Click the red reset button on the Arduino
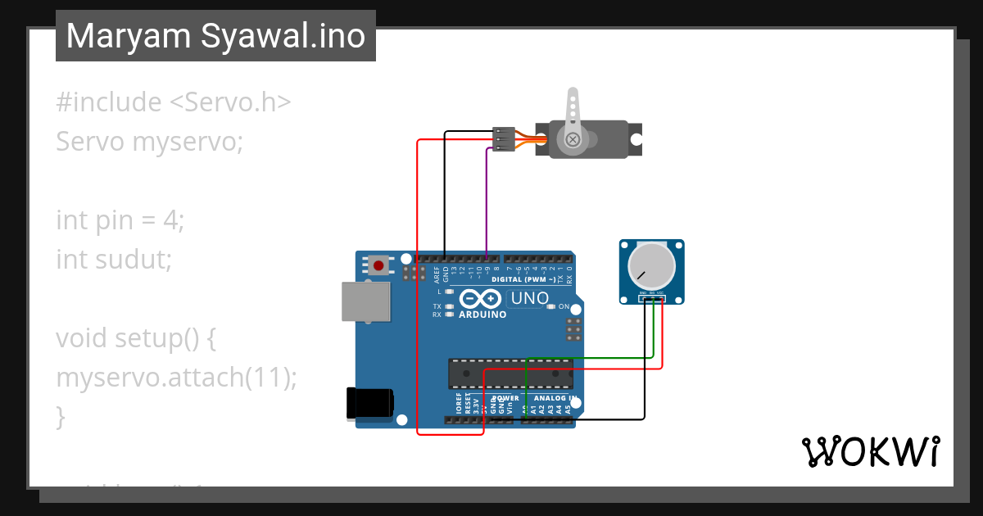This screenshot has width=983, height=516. (x=378, y=265)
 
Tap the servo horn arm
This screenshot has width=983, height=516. (x=572, y=111)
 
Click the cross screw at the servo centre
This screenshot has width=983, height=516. (x=573, y=141)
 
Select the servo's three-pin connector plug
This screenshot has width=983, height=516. (x=503, y=138)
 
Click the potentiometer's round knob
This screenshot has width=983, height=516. (x=651, y=265)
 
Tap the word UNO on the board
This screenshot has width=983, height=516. (x=529, y=298)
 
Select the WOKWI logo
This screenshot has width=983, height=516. (x=870, y=452)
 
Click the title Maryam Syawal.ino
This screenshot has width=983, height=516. (x=215, y=36)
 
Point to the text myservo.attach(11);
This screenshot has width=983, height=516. (x=176, y=378)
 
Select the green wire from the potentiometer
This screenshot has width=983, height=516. (x=590, y=357)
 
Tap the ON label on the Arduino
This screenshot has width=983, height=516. (x=564, y=306)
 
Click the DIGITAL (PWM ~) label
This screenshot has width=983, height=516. (x=529, y=279)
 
